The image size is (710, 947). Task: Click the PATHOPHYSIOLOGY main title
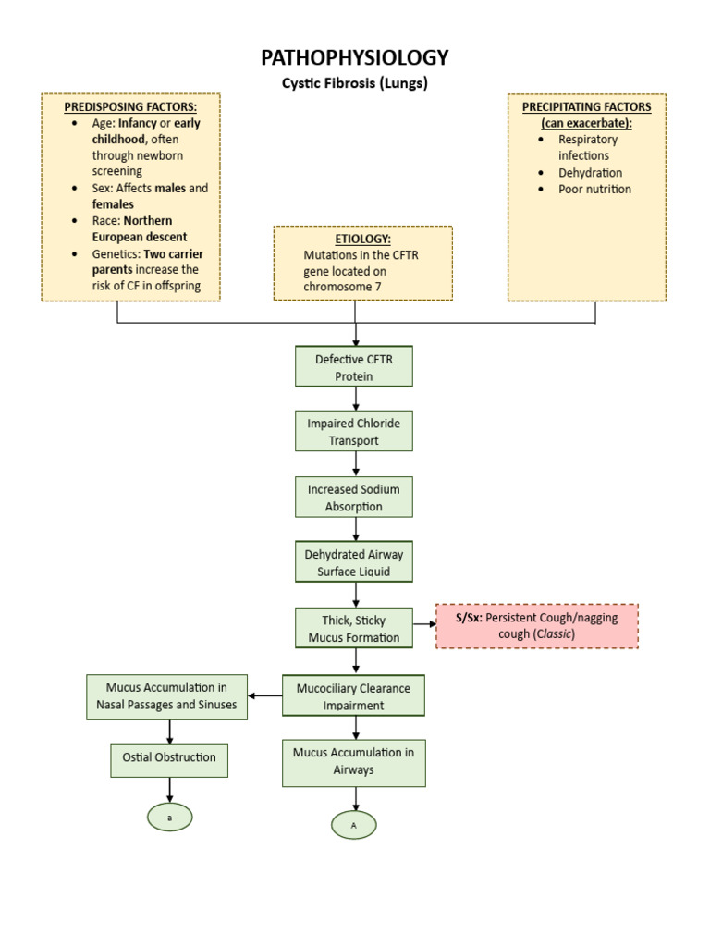coord(355,57)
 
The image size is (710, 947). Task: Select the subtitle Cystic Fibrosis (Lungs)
coord(355,82)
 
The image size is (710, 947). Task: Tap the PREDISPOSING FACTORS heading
coord(130,106)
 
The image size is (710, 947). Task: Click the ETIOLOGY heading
coord(362,239)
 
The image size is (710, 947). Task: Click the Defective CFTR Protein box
coord(354,366)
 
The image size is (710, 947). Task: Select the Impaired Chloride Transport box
coord(354,431)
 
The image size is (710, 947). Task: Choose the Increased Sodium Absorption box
coord(354,497)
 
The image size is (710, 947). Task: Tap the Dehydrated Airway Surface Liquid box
coord(354,562)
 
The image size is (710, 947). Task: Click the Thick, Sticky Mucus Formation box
coord(354,628)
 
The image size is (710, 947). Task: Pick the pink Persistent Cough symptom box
coord(537,626)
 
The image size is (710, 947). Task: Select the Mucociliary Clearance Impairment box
coord(354,695)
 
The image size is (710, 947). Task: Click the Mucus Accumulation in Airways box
coord(354,761)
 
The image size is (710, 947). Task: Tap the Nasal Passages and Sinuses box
coord(167,695)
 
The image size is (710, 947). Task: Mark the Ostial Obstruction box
coord(169,757)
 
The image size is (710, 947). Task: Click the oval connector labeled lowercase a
coord(169,817)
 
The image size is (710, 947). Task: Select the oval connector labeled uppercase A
coord(354,824)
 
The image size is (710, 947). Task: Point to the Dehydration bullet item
coord(590,173)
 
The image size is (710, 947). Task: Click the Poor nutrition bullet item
coord(594,190)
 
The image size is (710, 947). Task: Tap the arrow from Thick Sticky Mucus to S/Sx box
coord(424,624)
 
